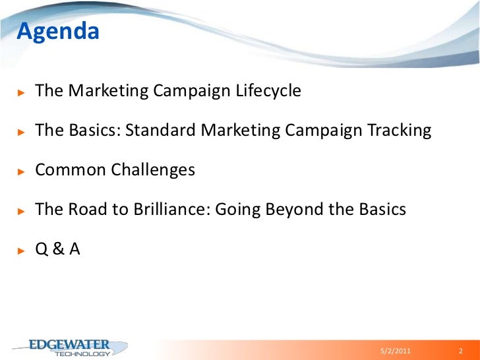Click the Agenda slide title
click(57, 31)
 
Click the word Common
click(71, 169)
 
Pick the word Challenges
click(153, 169)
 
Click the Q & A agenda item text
click(57, 249)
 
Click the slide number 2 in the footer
click(461, 350)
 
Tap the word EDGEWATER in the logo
click(70, 344)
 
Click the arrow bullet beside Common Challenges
click(21, 171)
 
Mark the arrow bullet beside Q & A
click(21, 250)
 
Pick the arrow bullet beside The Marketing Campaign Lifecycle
click(21, 92)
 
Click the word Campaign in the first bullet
click(193, 90)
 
